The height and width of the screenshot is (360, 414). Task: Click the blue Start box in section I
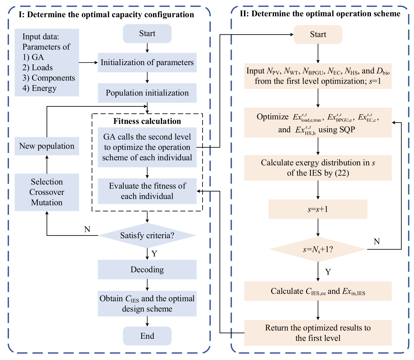click(x=147, y=34)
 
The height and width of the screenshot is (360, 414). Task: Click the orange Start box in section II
click(x=318, y=35)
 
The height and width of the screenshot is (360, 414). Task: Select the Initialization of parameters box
click(x=147, y=63)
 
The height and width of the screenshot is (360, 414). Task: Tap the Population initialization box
click(x=147, y=93)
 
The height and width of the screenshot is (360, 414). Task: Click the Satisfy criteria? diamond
click(x=147, y=236)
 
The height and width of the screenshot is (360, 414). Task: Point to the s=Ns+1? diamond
click(x=318, y=250)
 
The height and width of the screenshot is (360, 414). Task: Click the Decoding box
click(x=147, y=270)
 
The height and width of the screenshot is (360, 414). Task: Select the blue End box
click(x=147, y=336)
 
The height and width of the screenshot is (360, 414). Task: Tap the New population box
click(x=47, y=146)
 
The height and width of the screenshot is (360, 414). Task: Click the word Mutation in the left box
click(x=47, y=203)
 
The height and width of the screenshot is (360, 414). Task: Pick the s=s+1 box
click(x=318, y=209)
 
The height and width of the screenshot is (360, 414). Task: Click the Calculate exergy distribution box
click(x=318, y=168)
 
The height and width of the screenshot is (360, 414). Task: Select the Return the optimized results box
click(x=318, y=333)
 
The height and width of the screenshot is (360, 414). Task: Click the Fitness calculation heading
click(x=147, y=121)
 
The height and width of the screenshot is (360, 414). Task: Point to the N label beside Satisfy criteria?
click(x=87, y=230)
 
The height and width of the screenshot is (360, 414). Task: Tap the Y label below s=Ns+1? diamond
click(x=328, y=272)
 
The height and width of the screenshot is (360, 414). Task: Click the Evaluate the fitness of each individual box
click(x=147, y=191)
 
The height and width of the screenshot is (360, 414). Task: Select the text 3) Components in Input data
click(x=49, y=78)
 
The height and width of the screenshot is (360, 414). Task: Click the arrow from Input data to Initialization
click(x=88, y=63)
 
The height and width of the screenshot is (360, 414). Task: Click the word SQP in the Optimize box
click(x=346, y=130)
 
